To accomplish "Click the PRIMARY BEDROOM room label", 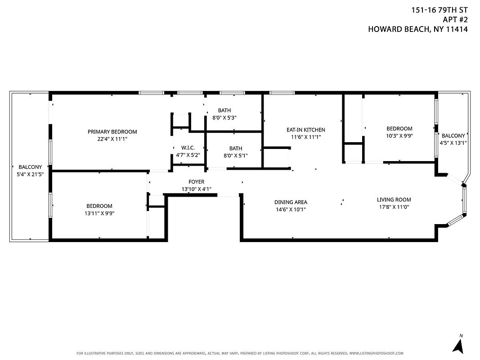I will tap(112, 132).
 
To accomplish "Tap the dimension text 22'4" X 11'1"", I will tap(112, 139).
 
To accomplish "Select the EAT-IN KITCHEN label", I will tap(306, 130).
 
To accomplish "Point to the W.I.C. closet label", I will tap(188, 148).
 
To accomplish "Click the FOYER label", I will tap(196, 182).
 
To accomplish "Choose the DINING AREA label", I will tap(291, 202).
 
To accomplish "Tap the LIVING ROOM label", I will tap(394, 200).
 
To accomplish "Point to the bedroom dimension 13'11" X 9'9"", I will tap(99, 214).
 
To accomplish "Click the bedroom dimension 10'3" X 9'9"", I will tap(399, 135).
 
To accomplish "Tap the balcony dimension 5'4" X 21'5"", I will tap(30, 174).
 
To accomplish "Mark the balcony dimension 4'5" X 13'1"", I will tap(453, 143).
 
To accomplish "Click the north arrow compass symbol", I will tap(458, 345).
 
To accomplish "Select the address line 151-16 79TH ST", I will tap(440, 9).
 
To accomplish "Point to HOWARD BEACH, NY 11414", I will tap(418, 30).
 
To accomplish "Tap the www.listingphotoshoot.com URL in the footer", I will tap(376, 353).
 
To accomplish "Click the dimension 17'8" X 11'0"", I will tap(394, 207).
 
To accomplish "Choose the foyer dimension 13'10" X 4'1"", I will tap(196, 189).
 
